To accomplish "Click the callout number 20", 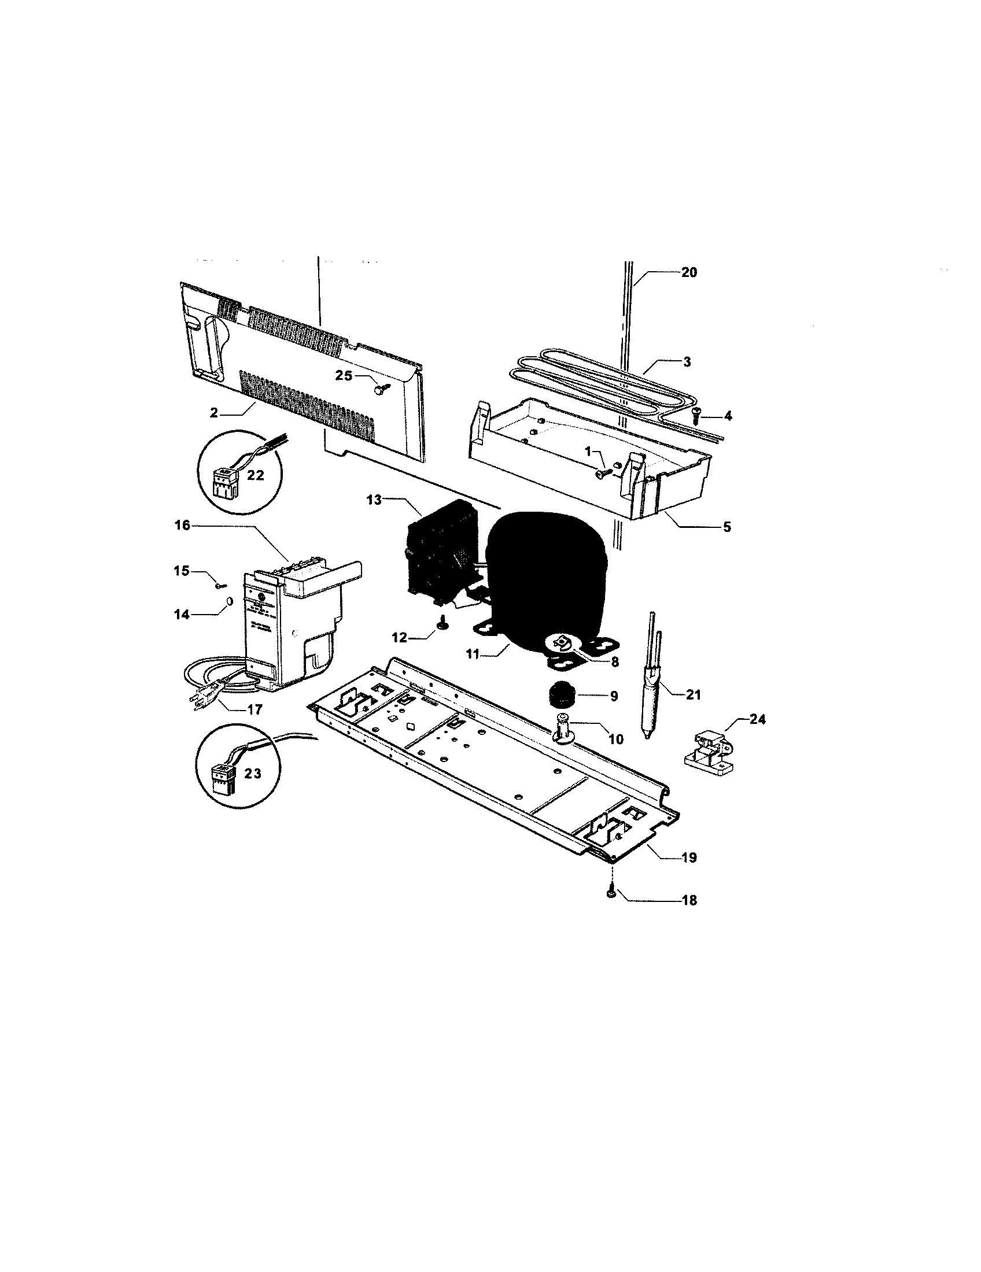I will coord(688,272).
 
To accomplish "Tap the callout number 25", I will coord(344,376).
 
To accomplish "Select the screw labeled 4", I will coord(696,413).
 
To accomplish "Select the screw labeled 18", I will coord(611,894).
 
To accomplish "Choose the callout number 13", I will coord(374,500).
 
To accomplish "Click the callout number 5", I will coord(726,527).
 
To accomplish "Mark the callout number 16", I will coord(182,526).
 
